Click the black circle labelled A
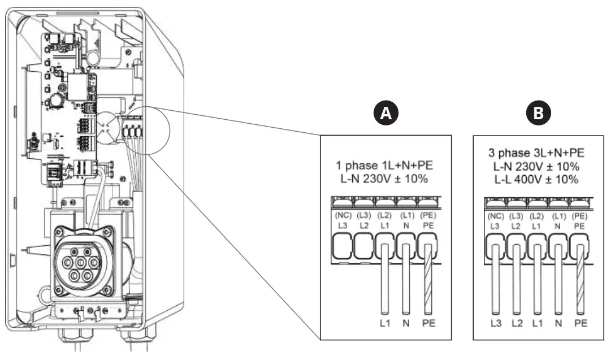(x=386, y=114)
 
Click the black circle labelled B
(x=539, y=114)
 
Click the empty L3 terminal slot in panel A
(x=343, y=248)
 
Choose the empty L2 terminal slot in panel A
(x=364, y=248)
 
